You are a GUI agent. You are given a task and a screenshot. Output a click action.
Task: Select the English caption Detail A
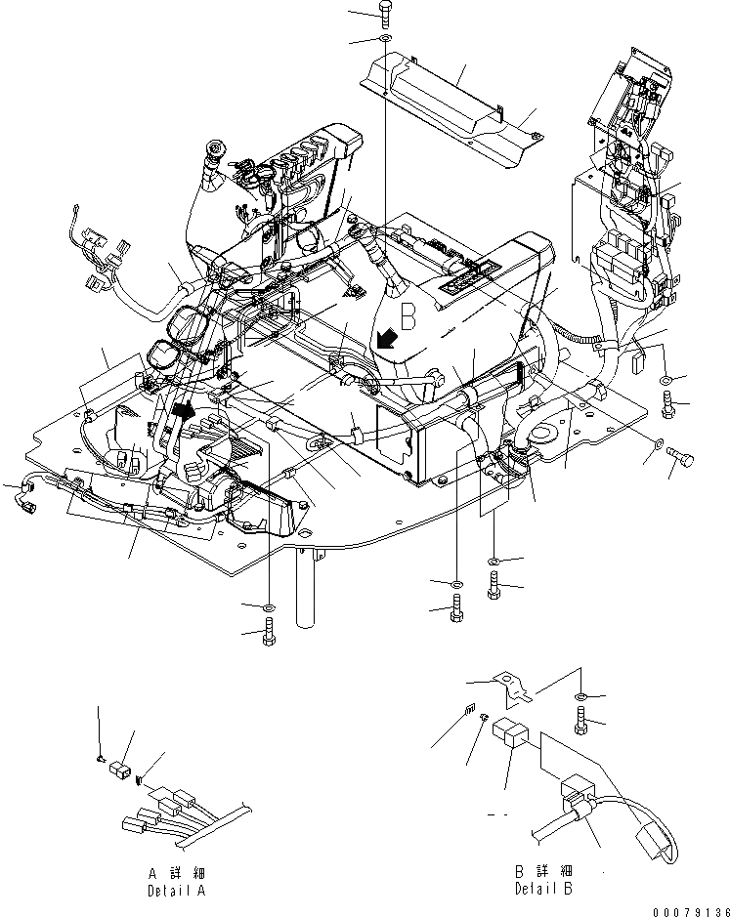pos(178,890)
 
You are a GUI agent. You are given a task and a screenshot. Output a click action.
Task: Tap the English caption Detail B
pos(543,889)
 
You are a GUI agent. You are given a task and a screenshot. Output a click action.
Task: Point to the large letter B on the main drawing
pos(409,316)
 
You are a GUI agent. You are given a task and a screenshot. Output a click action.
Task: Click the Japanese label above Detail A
pos(177,871)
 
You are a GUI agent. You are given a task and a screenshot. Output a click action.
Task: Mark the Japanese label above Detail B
pos(543,870)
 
